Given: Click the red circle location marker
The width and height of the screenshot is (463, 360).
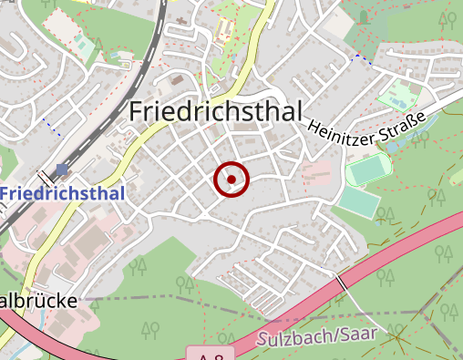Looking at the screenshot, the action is pos(231,180).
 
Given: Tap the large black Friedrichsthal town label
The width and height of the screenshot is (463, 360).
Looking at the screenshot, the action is pos(217,111).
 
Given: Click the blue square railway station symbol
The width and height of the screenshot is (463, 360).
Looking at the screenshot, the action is pos(61,169).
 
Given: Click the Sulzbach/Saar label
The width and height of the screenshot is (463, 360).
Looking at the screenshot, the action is pos(316,336).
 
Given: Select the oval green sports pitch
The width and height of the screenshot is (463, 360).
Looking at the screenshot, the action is pos(367,170).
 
